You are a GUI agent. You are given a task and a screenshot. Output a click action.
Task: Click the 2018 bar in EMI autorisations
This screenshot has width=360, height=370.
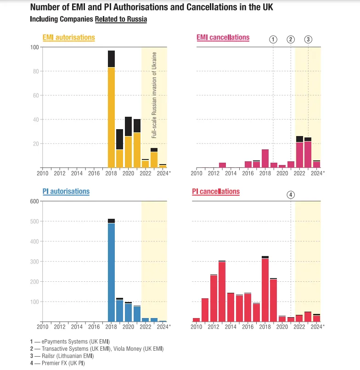click(x=111, y=109)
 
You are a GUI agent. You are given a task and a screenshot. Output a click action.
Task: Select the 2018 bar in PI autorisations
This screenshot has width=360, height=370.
click(x=111, y=270)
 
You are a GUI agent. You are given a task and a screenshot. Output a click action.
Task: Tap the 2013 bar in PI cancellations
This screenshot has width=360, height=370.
click(x=222, y=291)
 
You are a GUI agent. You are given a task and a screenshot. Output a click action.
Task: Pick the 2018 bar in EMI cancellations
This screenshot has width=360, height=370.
click(x=265, y=158)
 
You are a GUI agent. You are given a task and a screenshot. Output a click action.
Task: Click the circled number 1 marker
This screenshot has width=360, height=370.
click(x=273, y=40)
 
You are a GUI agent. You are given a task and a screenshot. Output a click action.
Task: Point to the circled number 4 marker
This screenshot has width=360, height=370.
click(x=291, y=195)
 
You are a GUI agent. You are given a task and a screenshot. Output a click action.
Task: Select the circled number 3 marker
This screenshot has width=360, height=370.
click(x=308, y=40)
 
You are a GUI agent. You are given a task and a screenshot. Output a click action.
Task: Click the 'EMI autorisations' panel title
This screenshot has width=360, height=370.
click(x=69, y=38)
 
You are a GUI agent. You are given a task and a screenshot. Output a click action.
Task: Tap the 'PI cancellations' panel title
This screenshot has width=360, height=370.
click(x=216, y=191)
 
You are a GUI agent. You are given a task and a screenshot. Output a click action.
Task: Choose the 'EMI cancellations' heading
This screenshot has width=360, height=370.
click(x=223, y=38)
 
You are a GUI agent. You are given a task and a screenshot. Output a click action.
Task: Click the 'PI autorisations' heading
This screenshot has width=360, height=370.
click(x=66, y=191)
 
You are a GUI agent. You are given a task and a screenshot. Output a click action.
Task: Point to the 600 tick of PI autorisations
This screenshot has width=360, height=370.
click(x=34, y=201)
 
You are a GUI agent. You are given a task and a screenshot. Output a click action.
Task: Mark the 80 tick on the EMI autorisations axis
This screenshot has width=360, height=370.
click(x=36, y=71)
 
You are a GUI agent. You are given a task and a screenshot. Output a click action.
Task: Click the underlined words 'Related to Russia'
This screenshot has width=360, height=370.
click(x=121, y=19)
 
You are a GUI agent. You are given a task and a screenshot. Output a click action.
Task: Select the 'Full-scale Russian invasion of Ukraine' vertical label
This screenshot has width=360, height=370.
click(x=154, y=95)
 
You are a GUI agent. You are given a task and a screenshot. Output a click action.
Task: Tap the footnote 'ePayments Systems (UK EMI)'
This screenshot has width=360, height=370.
click(x=76, y=342)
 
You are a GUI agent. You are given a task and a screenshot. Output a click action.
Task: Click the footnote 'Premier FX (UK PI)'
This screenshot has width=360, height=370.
click(x=63, y=363)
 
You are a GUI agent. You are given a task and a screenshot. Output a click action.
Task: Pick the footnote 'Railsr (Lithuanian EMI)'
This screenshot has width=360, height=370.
click(x=67, y=356)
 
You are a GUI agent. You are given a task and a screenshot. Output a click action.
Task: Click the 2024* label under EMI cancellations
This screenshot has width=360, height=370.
click(x=318, y=173)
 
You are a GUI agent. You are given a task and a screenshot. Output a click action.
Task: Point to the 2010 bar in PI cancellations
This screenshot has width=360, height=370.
click(x=197, y=320)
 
